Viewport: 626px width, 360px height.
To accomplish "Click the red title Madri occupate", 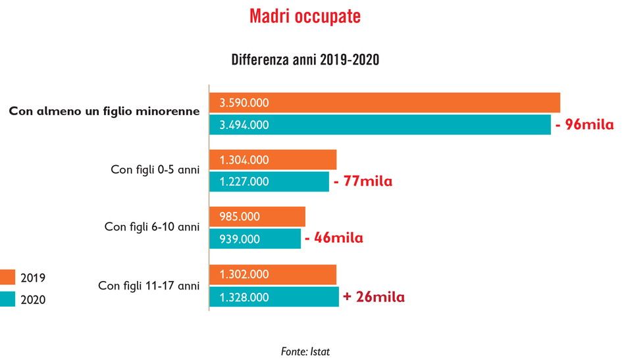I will click(x=305, y=16).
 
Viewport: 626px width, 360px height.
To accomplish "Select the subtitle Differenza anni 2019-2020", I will click(x=305, y=60).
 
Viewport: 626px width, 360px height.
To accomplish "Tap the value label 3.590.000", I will click(x=244, y=103).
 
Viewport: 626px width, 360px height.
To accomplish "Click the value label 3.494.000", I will click(x=244, y=124).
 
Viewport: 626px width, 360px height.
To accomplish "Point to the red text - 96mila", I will click(x=585, y=124).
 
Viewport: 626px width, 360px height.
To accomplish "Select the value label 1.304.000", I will click(x=244, y=160).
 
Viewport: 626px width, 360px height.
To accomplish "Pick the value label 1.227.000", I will click(x=244, y=182).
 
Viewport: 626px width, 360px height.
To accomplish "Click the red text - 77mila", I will click(x=363, y=182).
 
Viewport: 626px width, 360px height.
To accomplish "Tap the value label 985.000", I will click(x=240, y=217).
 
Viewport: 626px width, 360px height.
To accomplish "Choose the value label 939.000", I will click(x=240, y=239).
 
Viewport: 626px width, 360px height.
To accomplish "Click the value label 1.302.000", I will click(x=244, y=274).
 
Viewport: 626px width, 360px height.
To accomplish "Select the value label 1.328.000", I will click(x=244, y=297).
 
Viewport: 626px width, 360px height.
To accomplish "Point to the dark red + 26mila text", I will click(x=373, y=297).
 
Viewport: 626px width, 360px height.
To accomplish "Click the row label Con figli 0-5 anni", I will click(x=155, y=169).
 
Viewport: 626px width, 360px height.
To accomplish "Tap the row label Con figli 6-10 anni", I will click(x=151, y=227).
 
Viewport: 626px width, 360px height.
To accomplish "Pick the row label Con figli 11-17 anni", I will click(x=148, y=286).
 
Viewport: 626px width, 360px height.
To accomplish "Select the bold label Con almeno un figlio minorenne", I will click(x=104, y=111).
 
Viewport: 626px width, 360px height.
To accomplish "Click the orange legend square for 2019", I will click(x=8, y=277).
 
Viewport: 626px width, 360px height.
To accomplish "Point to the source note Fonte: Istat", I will click(x=305, y=351).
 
